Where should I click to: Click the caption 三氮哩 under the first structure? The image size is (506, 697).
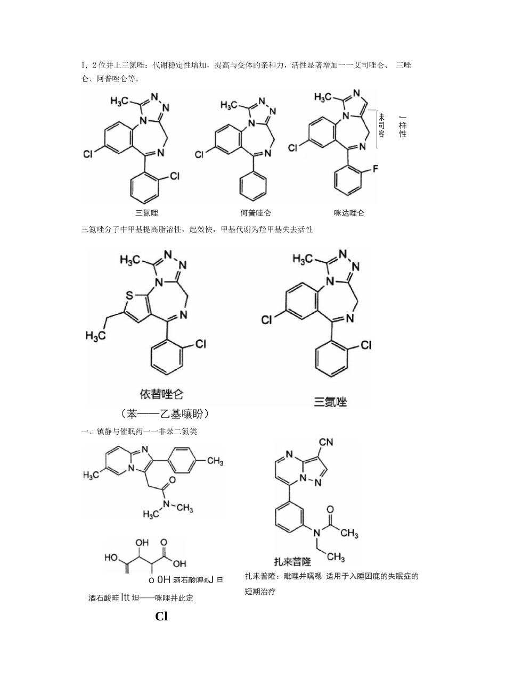point(147,213)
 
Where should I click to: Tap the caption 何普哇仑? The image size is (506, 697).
point(256,213)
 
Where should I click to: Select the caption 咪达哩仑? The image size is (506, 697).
point(349,213)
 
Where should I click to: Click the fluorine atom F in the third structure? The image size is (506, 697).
point(375,169)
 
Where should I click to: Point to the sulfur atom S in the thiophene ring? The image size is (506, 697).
point(129,294)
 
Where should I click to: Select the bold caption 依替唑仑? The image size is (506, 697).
point(161,394)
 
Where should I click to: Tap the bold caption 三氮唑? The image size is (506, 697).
point(330,402)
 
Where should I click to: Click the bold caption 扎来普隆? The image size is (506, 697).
point(292,561)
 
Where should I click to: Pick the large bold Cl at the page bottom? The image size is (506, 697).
point(161,617)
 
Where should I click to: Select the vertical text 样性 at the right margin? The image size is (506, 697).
point(403,128)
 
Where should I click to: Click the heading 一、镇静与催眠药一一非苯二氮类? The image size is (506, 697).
point(140,431)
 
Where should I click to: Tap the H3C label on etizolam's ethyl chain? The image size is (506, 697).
point(96,336)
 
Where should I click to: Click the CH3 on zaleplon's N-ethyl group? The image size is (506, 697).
point(336,557)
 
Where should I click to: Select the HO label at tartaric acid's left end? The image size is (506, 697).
point(112,558)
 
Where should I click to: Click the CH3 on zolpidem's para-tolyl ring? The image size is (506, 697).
point(215,460)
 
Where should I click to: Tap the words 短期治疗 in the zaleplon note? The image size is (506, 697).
point(260,591)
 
